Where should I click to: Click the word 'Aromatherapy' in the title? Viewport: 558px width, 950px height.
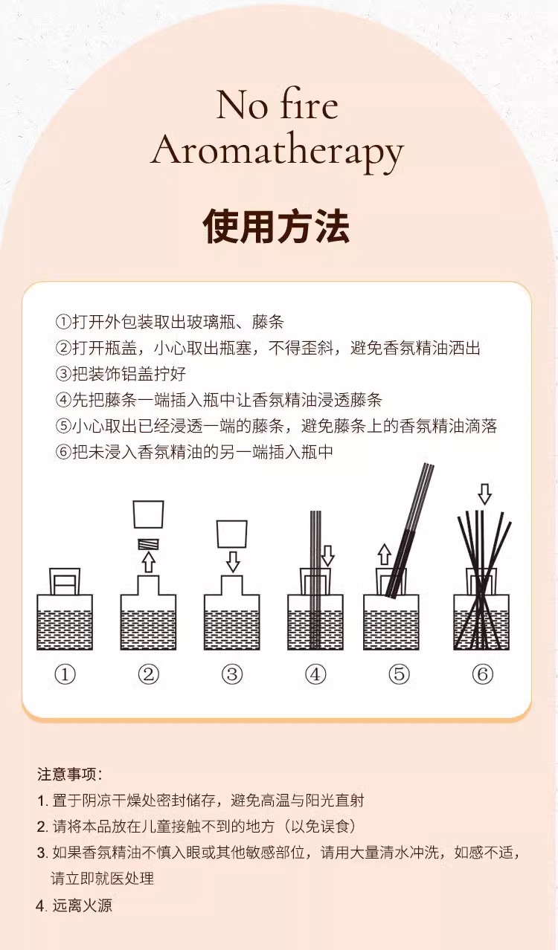click(x=277, y=151)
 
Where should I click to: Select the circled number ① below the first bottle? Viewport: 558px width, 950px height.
click(x=65, y=674)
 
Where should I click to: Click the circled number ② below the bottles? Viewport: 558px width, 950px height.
click(x=149, y=674)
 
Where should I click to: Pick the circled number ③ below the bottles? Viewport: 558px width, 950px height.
click(x=232, y=674)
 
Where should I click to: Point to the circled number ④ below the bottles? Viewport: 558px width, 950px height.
click(x=315, y=674)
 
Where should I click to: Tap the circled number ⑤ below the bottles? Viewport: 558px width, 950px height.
click(x=399, y=674)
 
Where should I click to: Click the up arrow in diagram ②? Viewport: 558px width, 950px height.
click(x=149, y=562)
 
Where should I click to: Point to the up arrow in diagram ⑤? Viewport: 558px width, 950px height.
click(x=384, y=554)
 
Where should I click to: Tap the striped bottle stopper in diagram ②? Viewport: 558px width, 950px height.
click(x=149, y=543)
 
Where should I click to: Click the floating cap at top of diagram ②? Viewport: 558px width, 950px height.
click(x=149, y=514)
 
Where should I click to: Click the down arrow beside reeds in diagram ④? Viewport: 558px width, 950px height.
click(x=327, y=555)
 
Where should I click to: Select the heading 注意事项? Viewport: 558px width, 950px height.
click(x=70, y=774)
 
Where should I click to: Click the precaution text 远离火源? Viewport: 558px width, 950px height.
click(x=82, y=905)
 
